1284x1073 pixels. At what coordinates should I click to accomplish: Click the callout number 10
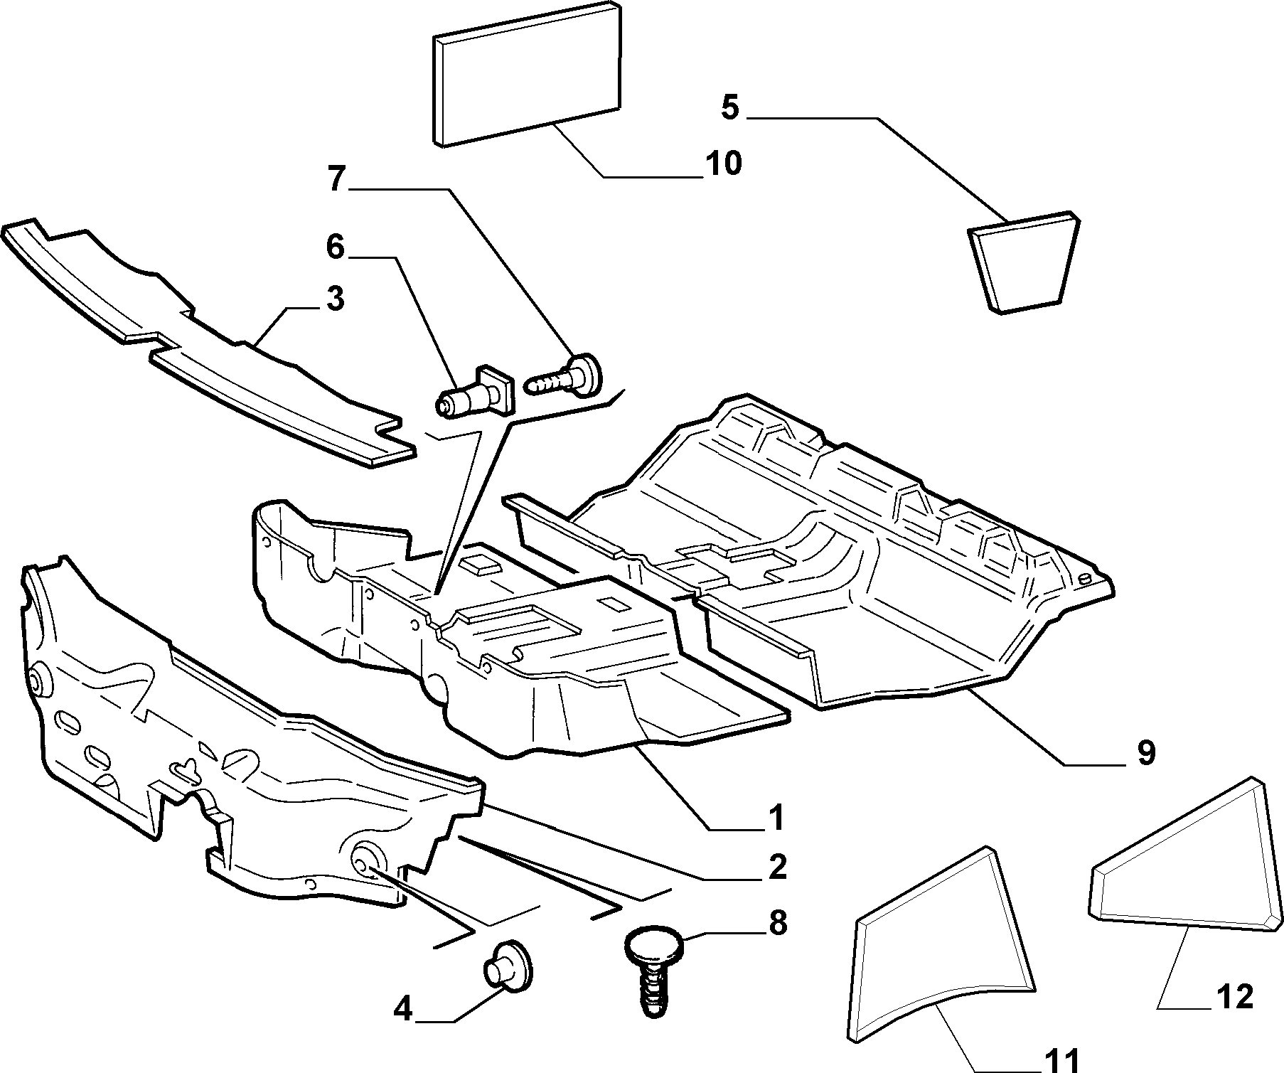coord(724,164)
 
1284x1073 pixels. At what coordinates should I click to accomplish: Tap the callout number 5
coord(730,107)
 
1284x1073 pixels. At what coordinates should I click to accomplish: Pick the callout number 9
coord(1145,753)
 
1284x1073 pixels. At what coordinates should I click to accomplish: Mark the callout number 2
coord(777,867)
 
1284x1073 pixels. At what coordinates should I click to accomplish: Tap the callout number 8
coord(777,924)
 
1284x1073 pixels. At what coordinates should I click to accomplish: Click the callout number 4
coord(402,1009)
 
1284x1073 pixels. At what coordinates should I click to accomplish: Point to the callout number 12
coord(1236,998)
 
